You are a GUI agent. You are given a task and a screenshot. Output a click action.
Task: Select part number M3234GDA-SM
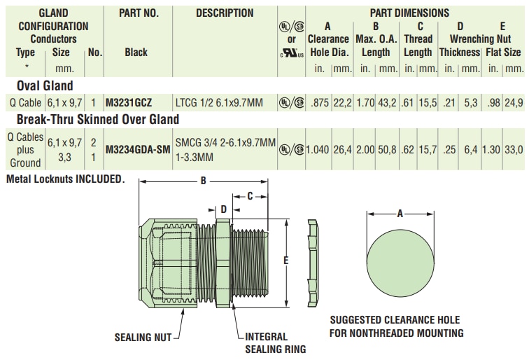pyautogui.click(x=137, y=148)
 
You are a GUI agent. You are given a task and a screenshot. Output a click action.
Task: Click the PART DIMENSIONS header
pyautogui.click(x=409, y=13)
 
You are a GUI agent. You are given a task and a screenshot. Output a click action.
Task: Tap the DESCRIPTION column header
pyautogui.click(x=224, y=13)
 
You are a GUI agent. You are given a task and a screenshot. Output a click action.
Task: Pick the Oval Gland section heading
pyautogui.click(x=45, y=85)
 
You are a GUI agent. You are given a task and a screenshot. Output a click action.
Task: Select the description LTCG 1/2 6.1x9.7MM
pyautogui.click(x=218, y=102)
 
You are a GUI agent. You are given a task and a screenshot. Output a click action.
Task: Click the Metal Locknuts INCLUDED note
pyautogui.click(x=65, y=179)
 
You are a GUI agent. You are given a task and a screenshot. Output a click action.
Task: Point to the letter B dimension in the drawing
pyautogui.click(x=203, y=181)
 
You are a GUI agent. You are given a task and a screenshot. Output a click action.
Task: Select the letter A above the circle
pyautogui.click(x=400, y=214)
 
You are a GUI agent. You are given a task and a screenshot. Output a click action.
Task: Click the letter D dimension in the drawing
pyautogui.click(x=223, y=209)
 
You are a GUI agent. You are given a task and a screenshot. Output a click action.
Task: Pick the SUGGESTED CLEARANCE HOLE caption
pyautogui.click(x=396, y=326)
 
